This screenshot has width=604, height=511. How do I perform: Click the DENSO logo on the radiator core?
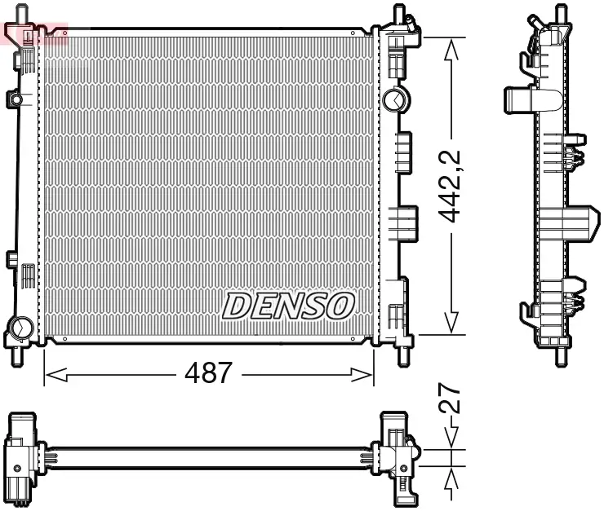click(x=289, y=306)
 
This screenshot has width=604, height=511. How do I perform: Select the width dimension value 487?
click(x=209, y=373)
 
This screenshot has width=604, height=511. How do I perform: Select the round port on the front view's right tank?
click(x=393, y=99)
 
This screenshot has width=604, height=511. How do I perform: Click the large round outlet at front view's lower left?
click(x=18, y=329)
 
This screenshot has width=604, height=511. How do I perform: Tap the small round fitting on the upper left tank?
click(x=16, y=99)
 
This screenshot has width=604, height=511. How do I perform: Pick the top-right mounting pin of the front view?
click(x=399, y=15)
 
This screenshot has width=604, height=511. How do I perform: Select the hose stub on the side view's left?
click(x=516, y=102)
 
